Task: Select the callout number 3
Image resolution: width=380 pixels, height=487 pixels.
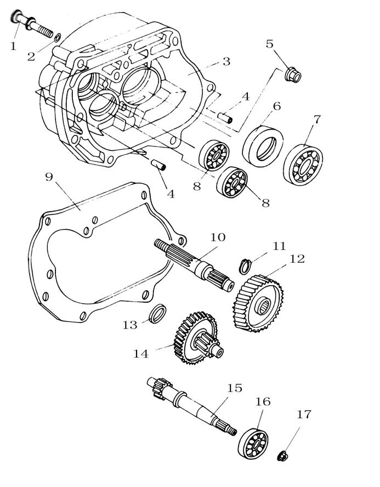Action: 226,61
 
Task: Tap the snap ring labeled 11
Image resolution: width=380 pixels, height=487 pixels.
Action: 247,265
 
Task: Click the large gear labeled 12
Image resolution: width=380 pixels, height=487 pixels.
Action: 259,303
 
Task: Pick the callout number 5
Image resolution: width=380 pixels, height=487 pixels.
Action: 269,44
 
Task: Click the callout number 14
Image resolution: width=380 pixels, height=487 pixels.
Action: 141,354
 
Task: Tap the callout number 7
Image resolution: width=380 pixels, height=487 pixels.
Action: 317,119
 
